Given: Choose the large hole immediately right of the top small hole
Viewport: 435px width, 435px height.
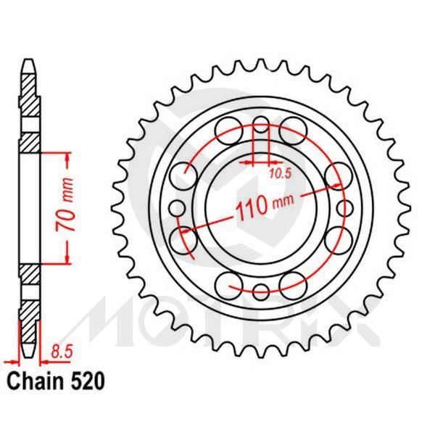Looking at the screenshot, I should pyautogui.click(x=293, y=125).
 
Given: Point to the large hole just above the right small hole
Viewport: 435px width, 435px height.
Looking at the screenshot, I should pyautogui.click(x=338, y=174).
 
